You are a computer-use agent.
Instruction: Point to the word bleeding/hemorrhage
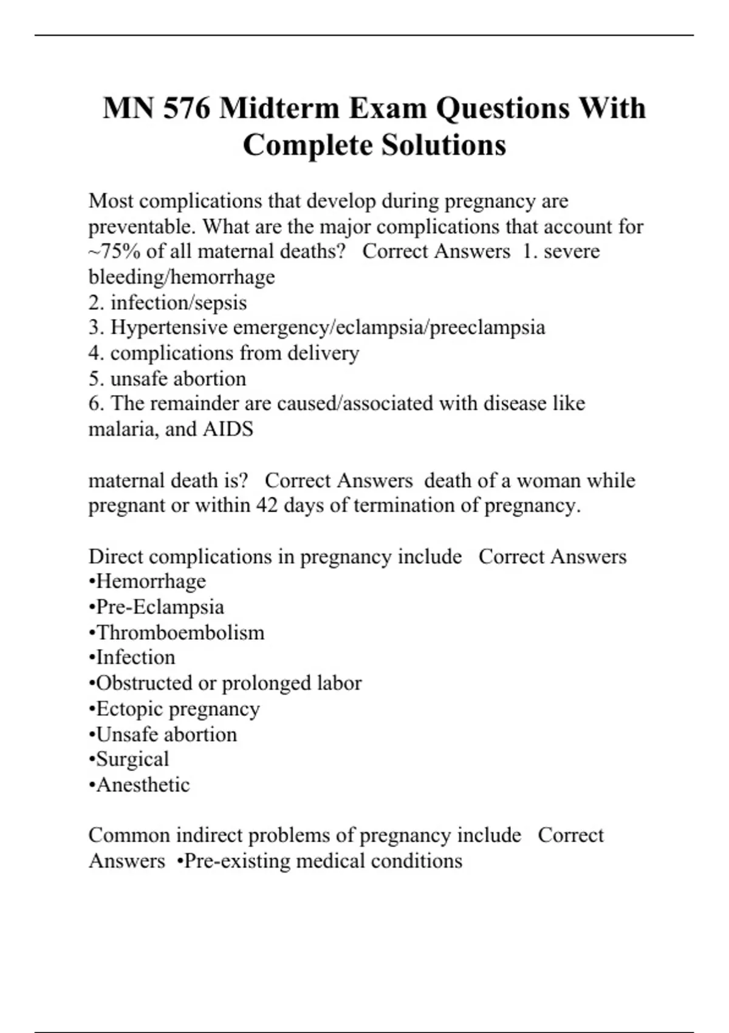(182, 277)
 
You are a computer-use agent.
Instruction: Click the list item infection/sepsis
(179, 303)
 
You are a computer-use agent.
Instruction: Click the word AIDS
(228, 429)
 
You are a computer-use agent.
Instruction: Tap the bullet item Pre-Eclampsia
(160, 607)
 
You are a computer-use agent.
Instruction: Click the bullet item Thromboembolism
(180, 633)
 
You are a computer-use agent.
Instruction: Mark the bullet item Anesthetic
(143, 784)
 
